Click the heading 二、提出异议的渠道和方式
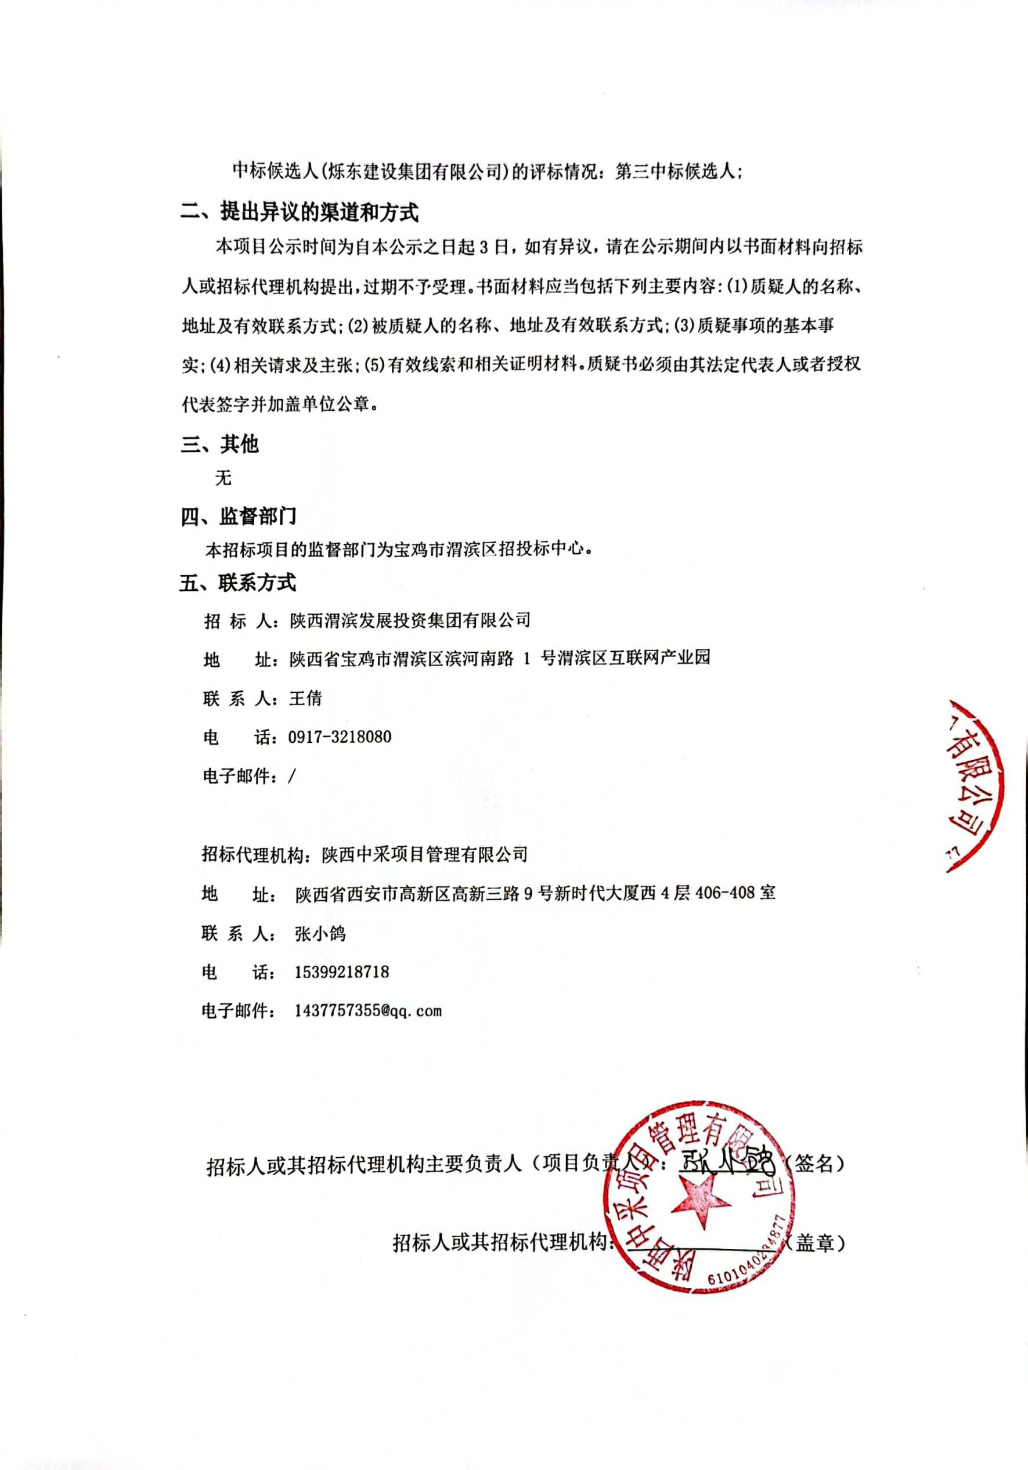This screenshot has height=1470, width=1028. (299, 212)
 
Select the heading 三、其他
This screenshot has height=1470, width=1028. (219, 444)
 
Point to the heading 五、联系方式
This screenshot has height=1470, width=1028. (237, 583)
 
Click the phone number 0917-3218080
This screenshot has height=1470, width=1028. (340, 737)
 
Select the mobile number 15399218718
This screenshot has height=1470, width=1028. (341, 972)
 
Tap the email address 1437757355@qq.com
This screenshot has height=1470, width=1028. (367, 1011)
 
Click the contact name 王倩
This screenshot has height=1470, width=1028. (305, 699)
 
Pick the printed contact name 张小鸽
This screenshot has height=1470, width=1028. (320, 933)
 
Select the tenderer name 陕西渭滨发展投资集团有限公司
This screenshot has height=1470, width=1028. (410, 620)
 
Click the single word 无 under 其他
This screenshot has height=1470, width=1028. (223, 478)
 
